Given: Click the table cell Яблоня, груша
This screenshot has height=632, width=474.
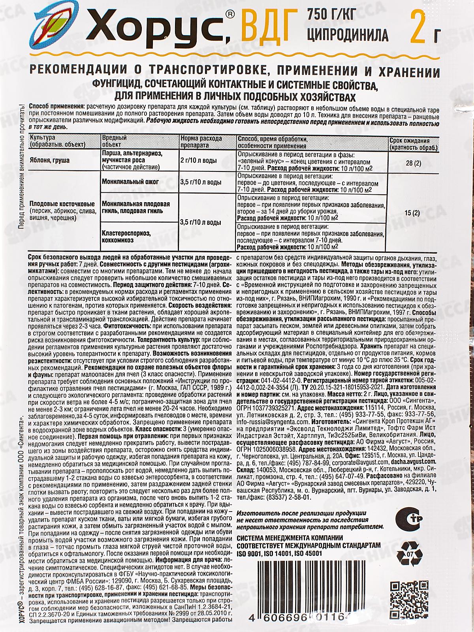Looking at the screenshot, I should click(x=49, y=161).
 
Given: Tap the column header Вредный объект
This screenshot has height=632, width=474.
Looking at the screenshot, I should click(x=115, y=141).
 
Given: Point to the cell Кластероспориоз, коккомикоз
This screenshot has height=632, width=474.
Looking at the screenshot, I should click(x=126, y=236).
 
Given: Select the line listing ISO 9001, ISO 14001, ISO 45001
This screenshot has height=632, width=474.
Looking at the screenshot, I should click(x=279, y=554).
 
